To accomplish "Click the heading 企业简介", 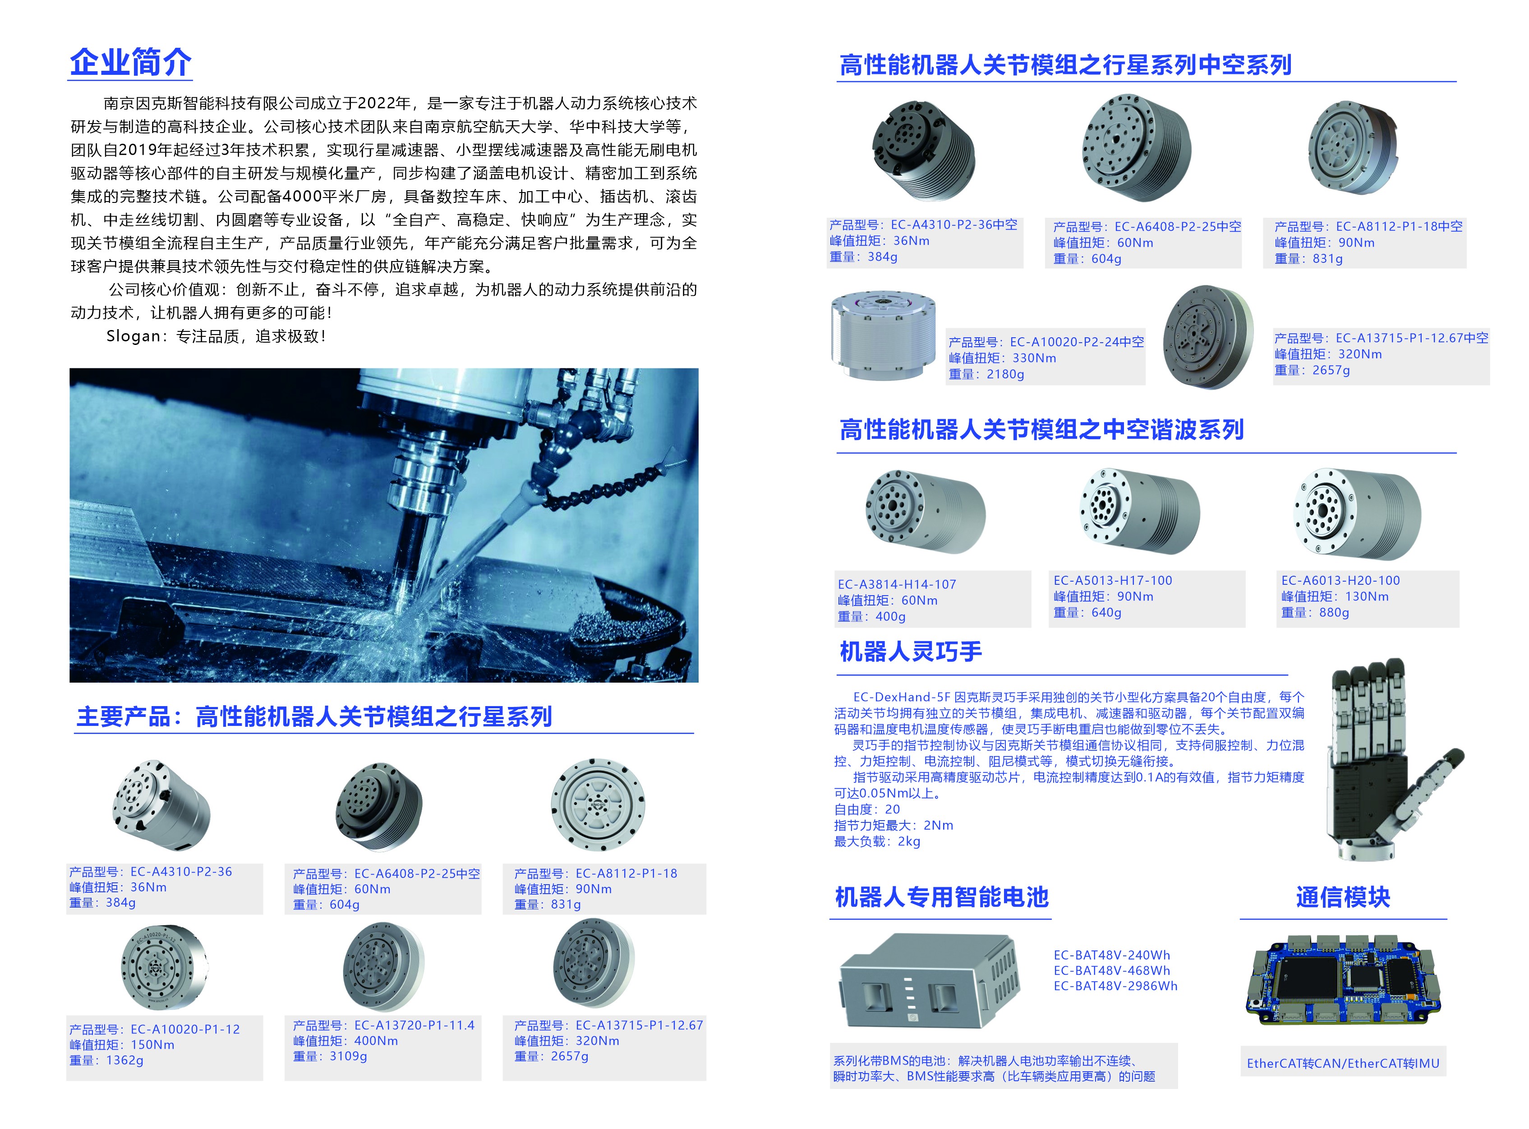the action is point(130,62).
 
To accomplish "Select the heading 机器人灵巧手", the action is point(911,651).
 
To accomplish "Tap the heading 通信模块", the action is point(1343,897).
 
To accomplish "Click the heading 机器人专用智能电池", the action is point(942,897).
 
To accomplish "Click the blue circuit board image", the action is point(1343,982).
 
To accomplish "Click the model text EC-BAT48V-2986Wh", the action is point(1115,986).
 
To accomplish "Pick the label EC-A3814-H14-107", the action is point(897,584).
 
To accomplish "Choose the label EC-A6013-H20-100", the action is point(1340,580).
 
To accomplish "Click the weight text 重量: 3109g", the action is point(330,1056).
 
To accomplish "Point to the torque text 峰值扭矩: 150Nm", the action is point(122,1045).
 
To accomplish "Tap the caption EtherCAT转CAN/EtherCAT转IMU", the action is point(1343,1063).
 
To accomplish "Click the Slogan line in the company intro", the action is point(216,336).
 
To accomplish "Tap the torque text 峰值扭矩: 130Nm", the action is point(1335,597).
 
